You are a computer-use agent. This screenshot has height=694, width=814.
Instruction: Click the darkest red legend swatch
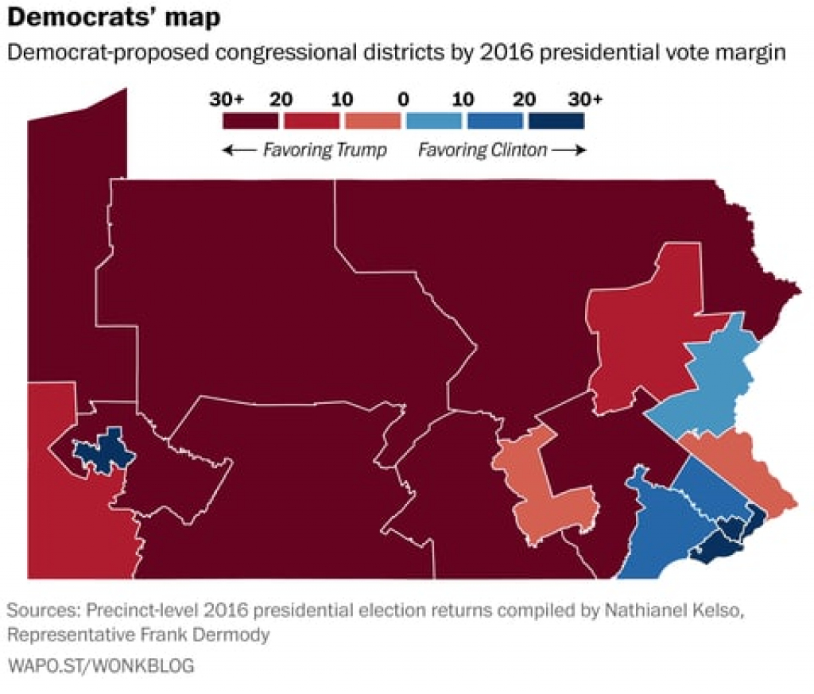[250, 120]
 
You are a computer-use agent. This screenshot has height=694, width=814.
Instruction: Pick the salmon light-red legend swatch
[372, 120]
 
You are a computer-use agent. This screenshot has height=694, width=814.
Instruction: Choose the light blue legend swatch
[433, 120]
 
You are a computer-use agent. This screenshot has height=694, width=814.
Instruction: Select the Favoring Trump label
[324, 150]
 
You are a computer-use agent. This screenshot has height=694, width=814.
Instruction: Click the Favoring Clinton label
[483, 150]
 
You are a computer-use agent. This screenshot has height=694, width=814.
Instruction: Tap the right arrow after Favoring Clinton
[569, 150]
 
